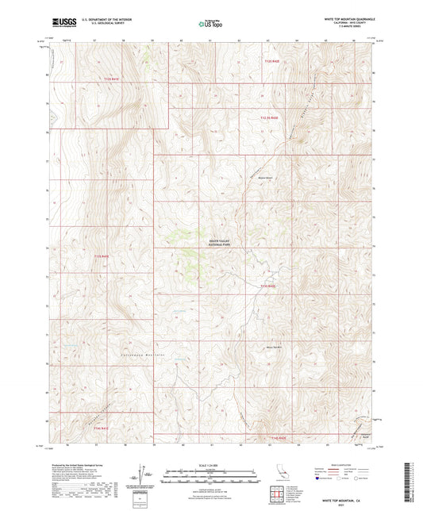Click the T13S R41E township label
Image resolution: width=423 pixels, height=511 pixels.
(102, 255)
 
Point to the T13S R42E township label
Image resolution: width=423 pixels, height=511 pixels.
(267, 286)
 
